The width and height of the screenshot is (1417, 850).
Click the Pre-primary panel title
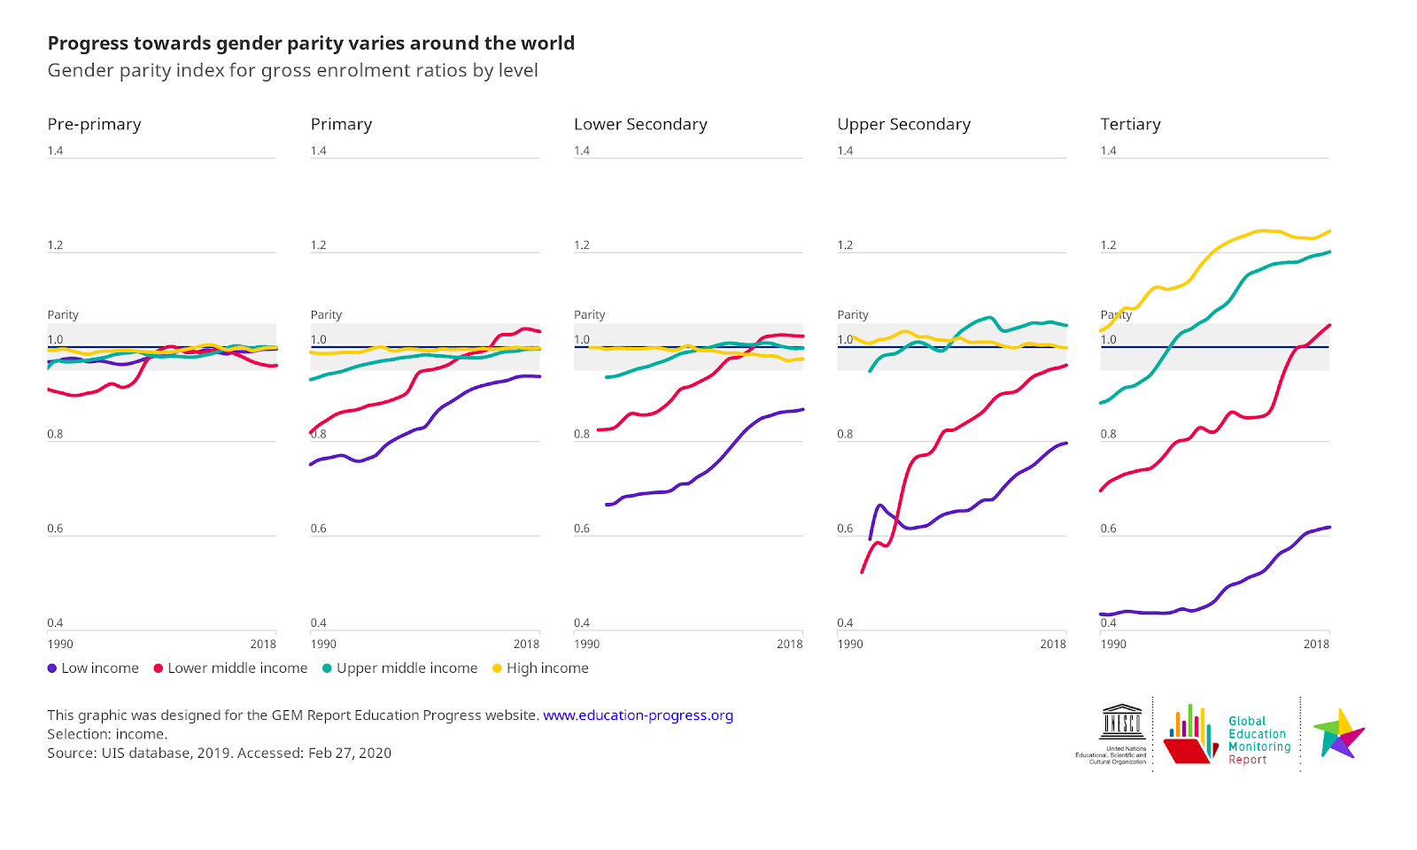click(94, 124)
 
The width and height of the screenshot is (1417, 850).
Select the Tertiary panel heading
click(1130, 124)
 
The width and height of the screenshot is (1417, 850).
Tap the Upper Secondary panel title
click(903, 124)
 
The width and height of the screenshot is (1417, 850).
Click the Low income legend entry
click(93, 668)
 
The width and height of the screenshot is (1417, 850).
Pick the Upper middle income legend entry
click(400, 668)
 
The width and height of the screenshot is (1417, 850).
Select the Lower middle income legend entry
click(231, 668)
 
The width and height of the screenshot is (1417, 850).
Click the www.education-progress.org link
click(638, 715)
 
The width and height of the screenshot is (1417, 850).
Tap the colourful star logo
click(1339, 733)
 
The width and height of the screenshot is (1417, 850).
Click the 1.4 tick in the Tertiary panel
click(1108, 151)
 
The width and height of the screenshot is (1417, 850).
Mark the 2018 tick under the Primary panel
click(526, 645)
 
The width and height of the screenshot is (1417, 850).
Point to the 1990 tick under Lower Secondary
click(586, 645)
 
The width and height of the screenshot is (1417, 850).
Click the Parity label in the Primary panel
click(326, 315)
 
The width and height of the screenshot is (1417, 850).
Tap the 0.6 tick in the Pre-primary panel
click(55, 529)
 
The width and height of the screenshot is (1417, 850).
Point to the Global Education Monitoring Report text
click(1258, 740)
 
